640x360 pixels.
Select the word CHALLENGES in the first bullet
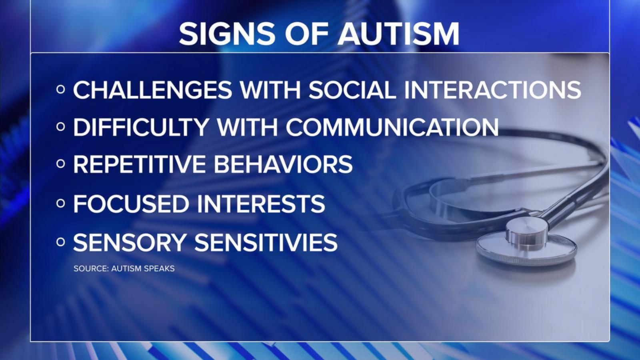(152, 90)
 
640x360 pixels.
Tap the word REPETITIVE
(140, 164)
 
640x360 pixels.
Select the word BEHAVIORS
(283, 164)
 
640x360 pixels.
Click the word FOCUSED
(131, 204)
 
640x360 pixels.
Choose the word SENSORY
(130, 242)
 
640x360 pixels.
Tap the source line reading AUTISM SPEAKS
(143, 268)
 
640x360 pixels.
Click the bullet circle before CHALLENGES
(60, 90)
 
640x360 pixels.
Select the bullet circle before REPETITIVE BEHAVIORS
(60, 164)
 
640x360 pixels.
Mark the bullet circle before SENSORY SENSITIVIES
(60, 242)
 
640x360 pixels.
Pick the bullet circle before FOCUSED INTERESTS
(60, 204)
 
